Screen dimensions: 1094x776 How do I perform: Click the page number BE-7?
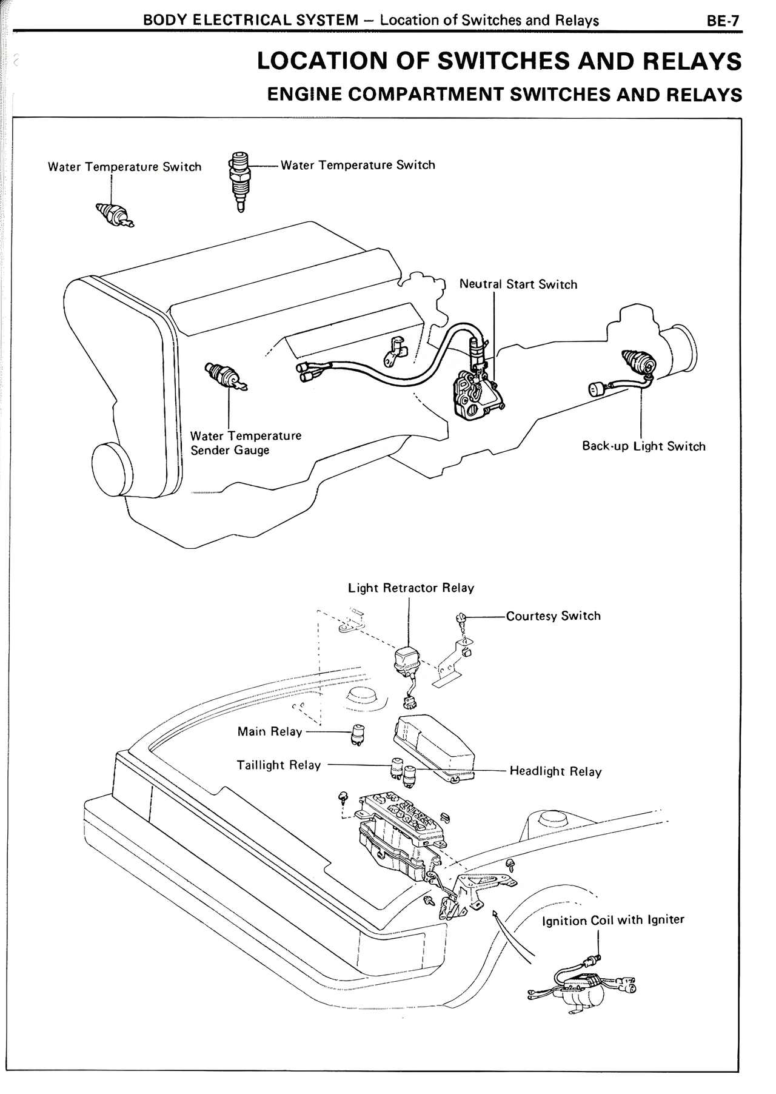[x=723, y=21]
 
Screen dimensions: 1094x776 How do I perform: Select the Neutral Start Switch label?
[x=518, y=284]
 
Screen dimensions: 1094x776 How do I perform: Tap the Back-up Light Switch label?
[x=643, y=446]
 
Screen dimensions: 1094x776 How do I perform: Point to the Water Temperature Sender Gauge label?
[x=245, y=443]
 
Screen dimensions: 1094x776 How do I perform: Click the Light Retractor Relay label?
[x=410, y=588]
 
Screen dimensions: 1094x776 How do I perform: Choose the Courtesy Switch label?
[x=553, y=616]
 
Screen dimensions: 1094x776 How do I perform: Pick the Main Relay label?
[x=269, y=732]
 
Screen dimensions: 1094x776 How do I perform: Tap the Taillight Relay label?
[x=278, y=765]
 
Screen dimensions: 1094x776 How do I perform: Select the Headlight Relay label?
[x=555, y=771]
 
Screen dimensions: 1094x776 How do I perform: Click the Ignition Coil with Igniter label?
[x=613, y=920]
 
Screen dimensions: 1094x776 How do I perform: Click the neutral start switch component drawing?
[x=477, y=395]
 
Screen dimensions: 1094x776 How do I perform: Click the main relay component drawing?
[x=358, y=734]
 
